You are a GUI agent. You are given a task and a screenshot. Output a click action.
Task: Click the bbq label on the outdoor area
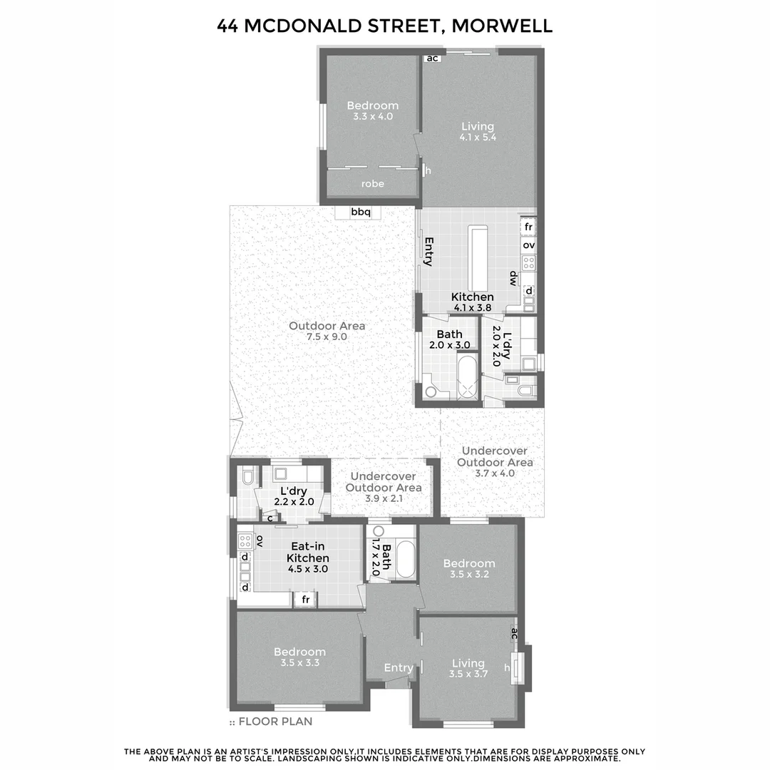point(361,212)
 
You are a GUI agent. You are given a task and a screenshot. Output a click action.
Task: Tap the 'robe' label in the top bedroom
point(372,184)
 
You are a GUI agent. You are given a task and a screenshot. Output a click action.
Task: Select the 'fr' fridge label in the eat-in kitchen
point(305,600)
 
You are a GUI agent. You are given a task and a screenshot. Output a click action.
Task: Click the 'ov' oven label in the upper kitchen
point(528,245)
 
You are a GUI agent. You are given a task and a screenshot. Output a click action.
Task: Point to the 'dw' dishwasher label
point(512,277)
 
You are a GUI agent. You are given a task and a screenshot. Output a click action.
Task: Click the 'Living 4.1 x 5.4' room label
point(478,132)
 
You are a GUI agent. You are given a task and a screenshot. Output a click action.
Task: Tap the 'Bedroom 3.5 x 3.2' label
point(468,568)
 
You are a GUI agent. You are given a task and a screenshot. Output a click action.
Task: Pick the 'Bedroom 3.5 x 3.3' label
point(300,657)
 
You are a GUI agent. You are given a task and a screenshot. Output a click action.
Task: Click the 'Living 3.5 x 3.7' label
point(468,668)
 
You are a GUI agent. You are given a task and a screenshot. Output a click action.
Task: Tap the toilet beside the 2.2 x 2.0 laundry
point(246,476)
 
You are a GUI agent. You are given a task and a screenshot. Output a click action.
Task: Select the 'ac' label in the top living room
point(432,58)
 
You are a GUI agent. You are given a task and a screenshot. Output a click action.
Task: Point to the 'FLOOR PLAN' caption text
point(275,722)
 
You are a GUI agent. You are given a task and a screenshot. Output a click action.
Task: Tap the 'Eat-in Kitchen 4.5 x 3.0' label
point(308,558)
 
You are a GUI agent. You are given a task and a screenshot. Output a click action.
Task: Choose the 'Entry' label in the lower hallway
point(398,668)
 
